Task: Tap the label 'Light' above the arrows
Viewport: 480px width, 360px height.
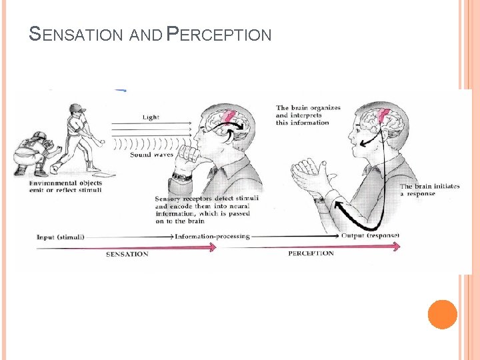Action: tap(151, 117)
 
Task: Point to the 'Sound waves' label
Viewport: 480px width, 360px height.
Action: tap(151, 154)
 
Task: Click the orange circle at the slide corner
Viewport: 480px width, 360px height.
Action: tap(442, 314)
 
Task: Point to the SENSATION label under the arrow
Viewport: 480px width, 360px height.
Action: tap(127, 254)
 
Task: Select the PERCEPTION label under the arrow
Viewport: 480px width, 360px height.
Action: tap(311, 253)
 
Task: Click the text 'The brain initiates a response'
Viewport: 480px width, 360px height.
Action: tap(429, 190)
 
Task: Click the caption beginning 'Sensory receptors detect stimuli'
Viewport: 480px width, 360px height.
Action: tap(205, 209)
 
